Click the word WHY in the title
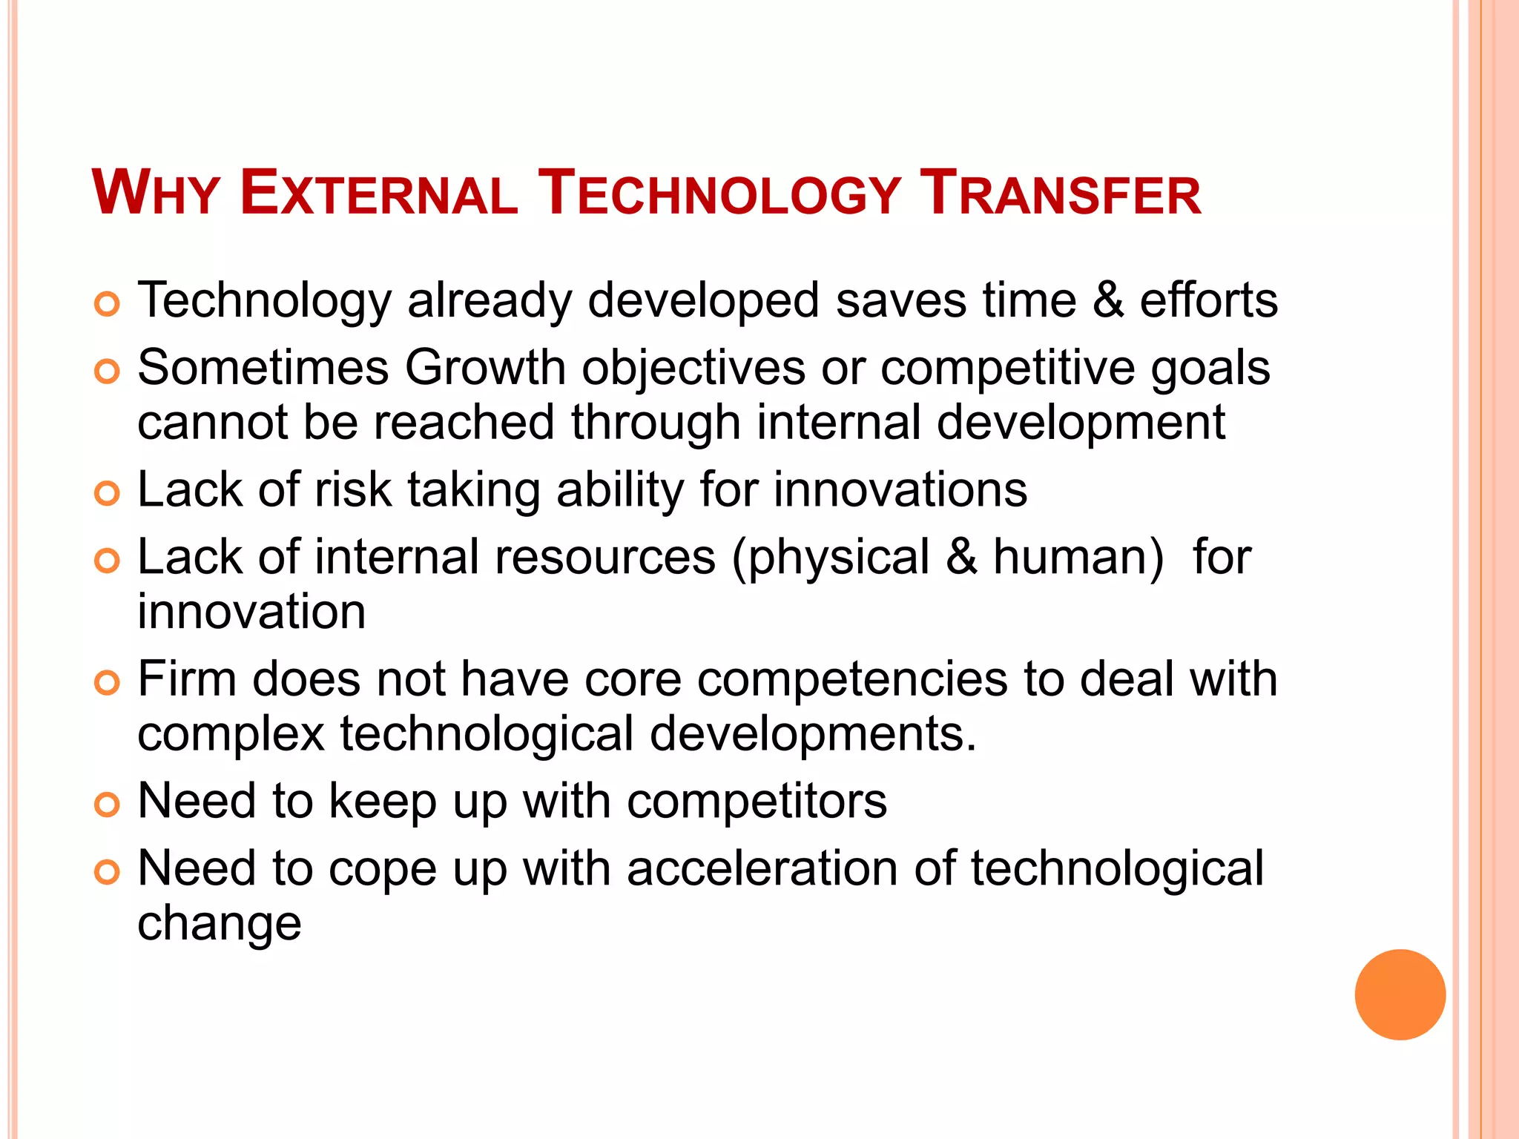[x=155, y=194]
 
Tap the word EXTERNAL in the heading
[x=378, y=194]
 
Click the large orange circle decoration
[x=1400, y=994]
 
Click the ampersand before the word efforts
[x=1107, y=300]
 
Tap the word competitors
[x=757, y=801]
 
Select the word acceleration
[x=762, y=868]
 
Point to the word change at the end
[x=220, y=924]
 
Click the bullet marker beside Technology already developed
[x=108, y=304]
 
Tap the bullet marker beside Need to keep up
[x=108, y=805]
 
